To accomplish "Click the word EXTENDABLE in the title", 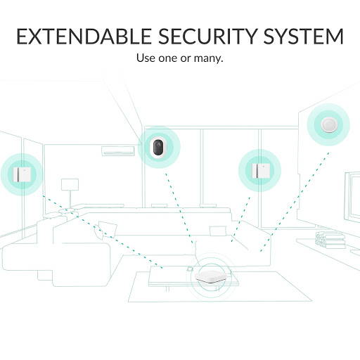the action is coord(84,36).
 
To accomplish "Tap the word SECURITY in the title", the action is coord(207,36).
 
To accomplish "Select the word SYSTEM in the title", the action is coord(304,36).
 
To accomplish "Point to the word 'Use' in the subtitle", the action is coord(146,58).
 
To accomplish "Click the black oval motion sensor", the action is coord(159,147).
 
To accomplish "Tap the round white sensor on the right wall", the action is coord(328,124).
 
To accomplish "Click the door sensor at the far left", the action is coord(22,174).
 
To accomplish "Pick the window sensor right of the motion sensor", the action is coord(259,170).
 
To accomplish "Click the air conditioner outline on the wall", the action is coord(118,150).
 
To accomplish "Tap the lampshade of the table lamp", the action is coord(70,184).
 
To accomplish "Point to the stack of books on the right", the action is coord(330,240).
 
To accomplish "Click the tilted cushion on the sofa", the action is coord(105,230).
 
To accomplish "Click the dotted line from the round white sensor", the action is coord(295,202).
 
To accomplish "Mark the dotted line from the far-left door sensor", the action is coord(102,231).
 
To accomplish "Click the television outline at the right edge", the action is coord(352,197).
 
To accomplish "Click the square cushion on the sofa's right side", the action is coord(218,231).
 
